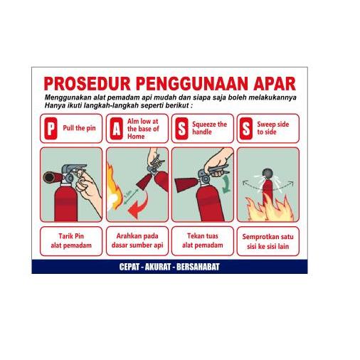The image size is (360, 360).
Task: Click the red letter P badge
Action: [x=50, y=129]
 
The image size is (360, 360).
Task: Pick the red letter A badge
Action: [x=116, y=129]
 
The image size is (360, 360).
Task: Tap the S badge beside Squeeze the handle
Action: [x=182, y=129]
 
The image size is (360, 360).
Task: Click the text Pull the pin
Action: [x=78, y=129]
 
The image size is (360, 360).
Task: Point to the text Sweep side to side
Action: [x=273, y=129]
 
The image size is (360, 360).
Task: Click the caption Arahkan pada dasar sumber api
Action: [x=137, y=240]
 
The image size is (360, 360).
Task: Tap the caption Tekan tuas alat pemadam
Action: [x=202, y=240]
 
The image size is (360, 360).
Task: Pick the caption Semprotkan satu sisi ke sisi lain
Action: [x=268, y=240]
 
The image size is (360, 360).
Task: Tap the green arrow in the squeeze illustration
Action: [x=225, y=186]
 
